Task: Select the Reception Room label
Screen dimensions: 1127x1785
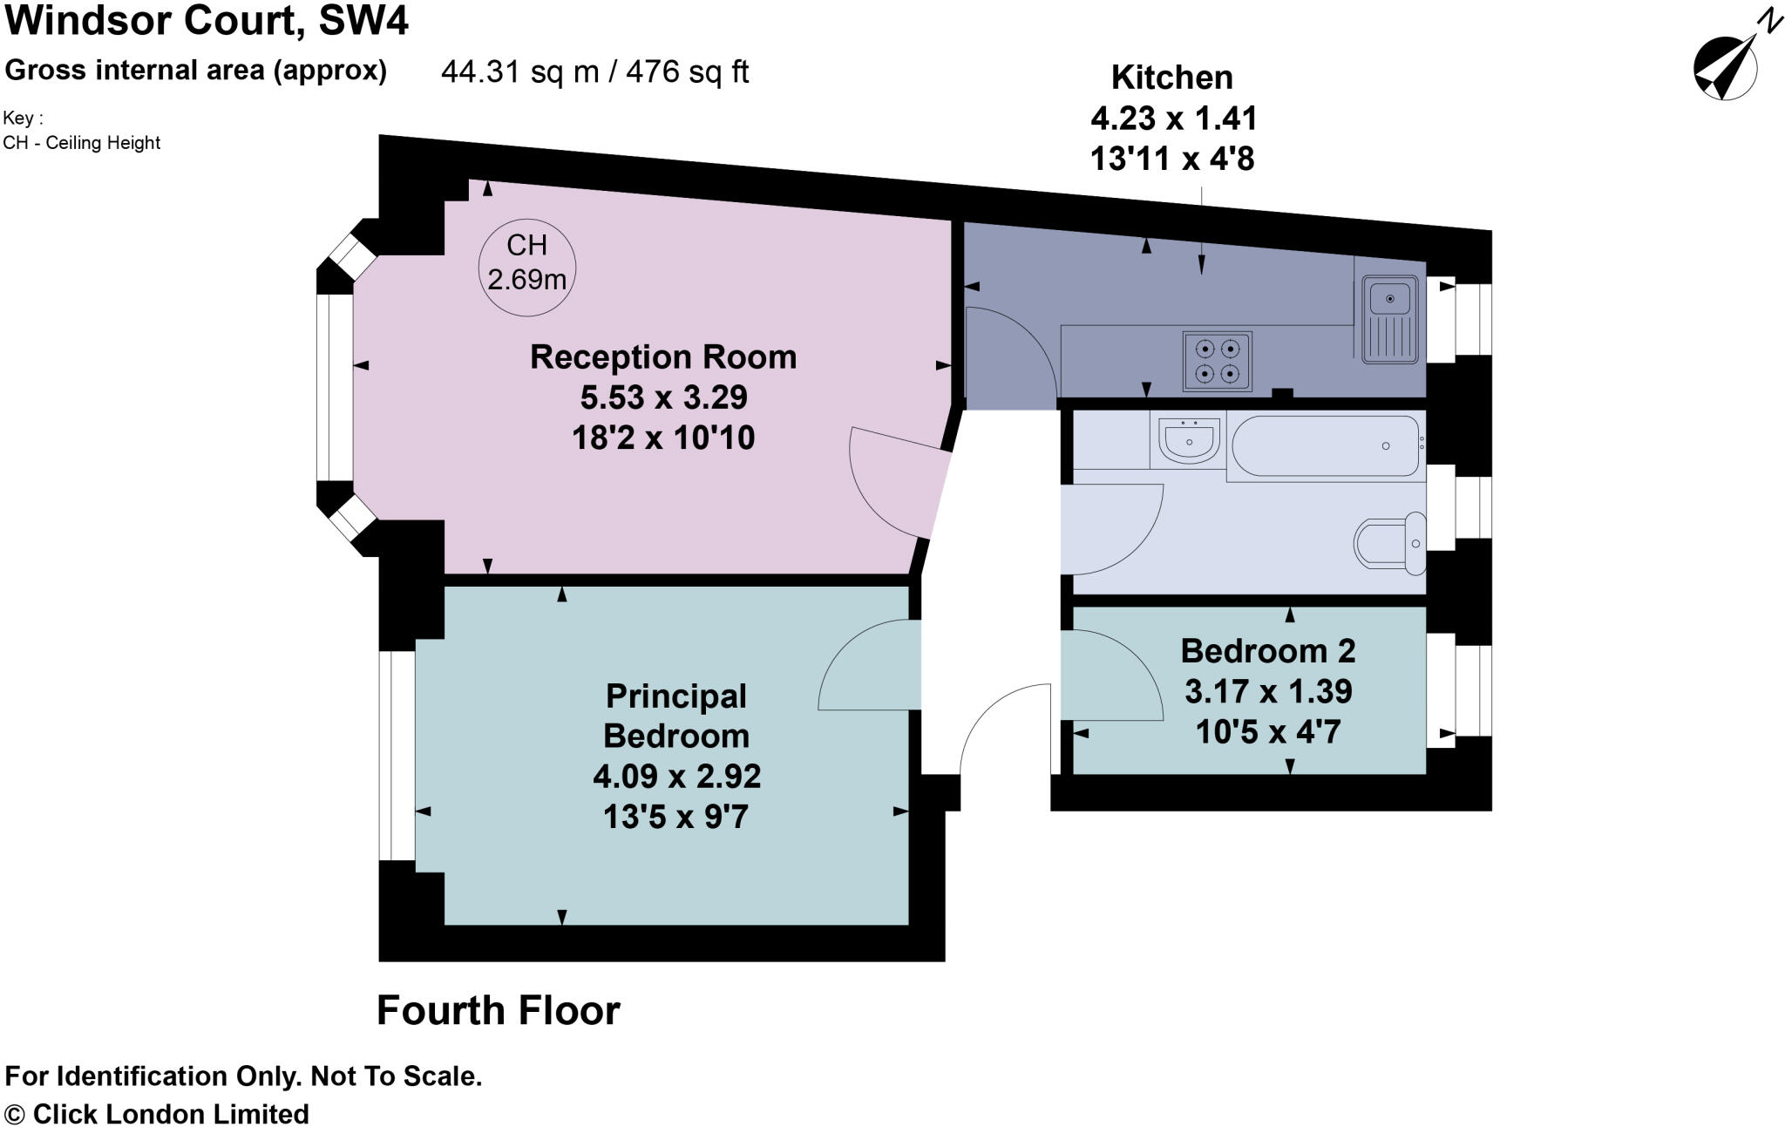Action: pos(663,357)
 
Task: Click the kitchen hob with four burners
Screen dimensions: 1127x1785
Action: pos(1217,361)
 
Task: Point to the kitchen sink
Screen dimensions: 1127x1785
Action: pos(1390,319)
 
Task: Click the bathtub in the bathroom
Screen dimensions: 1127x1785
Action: pos(1326,446)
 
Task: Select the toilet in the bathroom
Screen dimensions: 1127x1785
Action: pos(1391,544)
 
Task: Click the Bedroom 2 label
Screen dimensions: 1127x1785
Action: pos(1267,651)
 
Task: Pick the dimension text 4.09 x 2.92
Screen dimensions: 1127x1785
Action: pos(676,777)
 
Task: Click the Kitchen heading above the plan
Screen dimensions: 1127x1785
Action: pos(1171,78)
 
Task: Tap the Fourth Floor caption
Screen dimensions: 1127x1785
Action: pos(498,1011)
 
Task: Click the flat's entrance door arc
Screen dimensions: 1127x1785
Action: pos(1002,723)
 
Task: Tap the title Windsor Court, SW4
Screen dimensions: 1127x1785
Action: pos(207,20)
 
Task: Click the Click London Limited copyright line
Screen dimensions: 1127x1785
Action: pos(157,1114)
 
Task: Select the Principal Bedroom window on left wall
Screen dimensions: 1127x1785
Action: pos(397,755)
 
